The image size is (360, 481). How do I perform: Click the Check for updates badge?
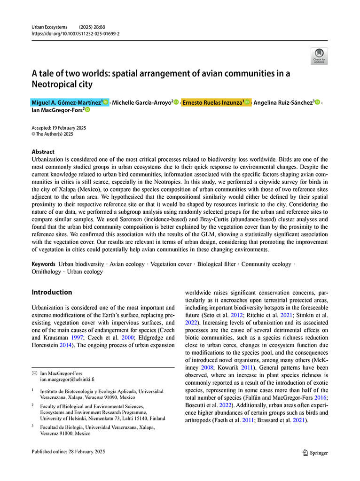pyautogui.click(x=319, y=55)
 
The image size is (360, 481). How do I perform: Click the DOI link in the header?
pyautogui.click(x=75, y=34)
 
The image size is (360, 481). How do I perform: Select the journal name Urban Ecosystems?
pyautogui.click(x=49, y=27)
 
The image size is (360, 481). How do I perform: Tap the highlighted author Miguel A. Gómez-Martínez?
pyautogui.click(x=67, y=102)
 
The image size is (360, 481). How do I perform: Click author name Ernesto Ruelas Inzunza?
pyautogui.click(x=212, y=102)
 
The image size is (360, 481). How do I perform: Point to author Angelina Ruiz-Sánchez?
pyautogui.click(x=283, y=102)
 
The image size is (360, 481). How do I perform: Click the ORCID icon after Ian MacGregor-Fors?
pyautogui.click(x=87, y=110)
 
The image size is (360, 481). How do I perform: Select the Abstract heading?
pyautogui.click(x=43, y=152)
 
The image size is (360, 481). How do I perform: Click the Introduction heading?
pyautogui.click(x=52, y=292)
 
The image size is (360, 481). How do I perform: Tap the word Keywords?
pyautogui.click(x=44, y=264)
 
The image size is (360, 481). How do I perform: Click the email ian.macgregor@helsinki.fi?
pyautogui.click(x=67, y=379)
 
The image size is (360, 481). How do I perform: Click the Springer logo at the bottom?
pyautogui.click(x=315, y=453)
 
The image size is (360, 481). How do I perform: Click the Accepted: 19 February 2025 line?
pyautogui.click(x=59, y=128)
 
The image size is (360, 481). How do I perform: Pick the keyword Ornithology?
pyautogui.click(x=46, y=272)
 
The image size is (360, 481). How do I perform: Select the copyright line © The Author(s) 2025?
pyautogui.click(x=52, y=134)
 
